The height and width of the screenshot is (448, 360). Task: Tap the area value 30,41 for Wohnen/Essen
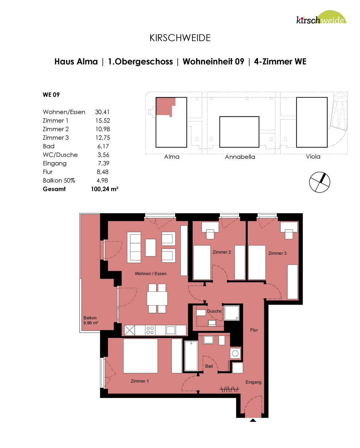tap(102, 112)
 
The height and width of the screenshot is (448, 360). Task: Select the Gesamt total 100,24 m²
tap(105, 189)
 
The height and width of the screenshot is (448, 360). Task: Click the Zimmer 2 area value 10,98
tap(103, 129)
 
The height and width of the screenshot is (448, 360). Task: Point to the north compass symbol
tap(319, 182)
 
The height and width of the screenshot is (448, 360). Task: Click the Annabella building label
tap(240, 157)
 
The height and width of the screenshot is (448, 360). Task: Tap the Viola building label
tap(313, 157)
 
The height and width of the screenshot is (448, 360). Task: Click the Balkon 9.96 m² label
tap(91, 320)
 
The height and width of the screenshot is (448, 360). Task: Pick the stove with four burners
tap(150, 330)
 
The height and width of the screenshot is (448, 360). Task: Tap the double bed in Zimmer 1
tap(140, 356)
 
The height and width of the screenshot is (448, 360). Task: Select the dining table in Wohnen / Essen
tap(157, 298)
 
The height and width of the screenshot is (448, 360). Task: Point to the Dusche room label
tap(214, 311)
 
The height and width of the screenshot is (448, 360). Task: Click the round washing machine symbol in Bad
tap(235, 354)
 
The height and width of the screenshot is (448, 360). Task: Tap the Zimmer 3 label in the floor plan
tap(277, 253)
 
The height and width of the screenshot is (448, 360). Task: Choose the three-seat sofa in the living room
tap(134, 247)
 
